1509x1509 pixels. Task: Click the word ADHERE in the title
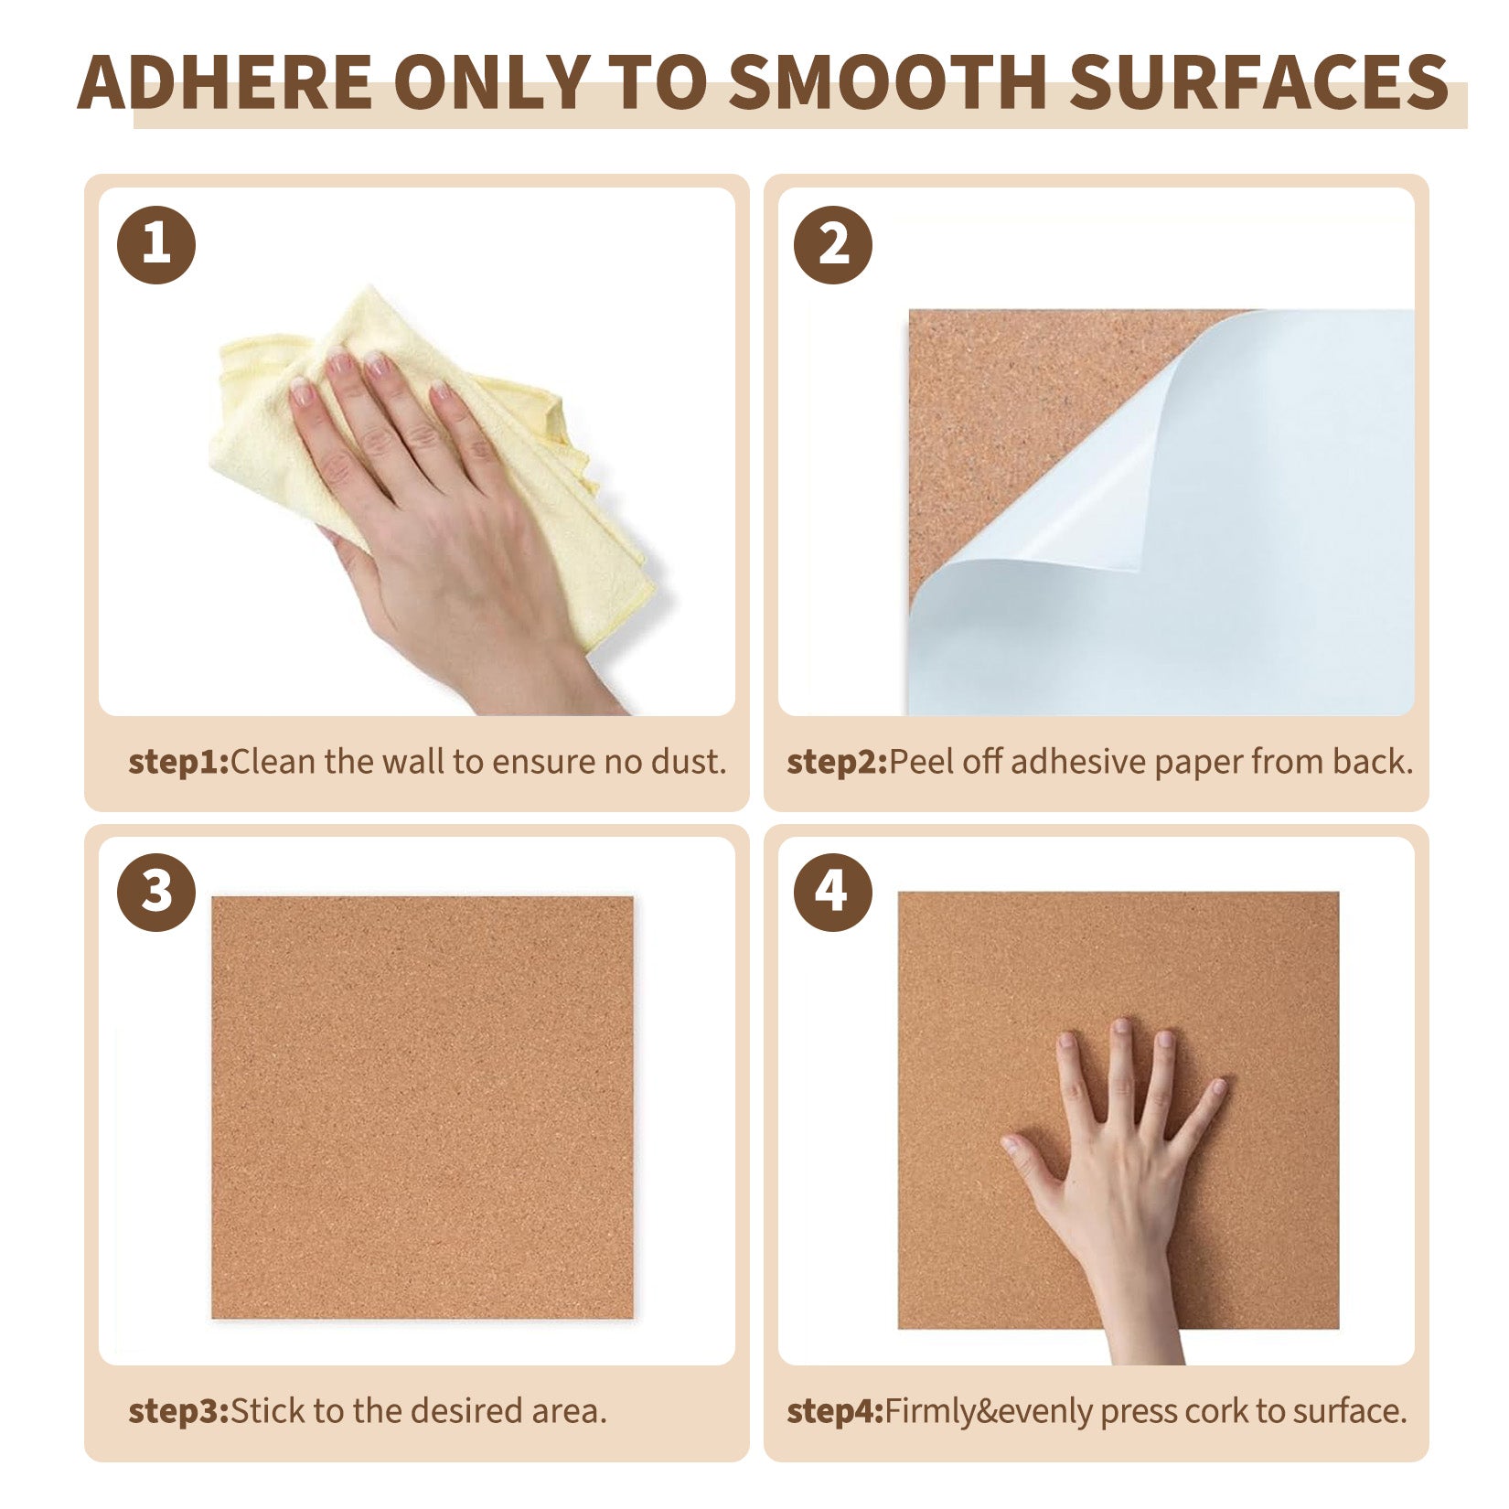click(225, 82)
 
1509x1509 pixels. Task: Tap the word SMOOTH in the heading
click(888, 82)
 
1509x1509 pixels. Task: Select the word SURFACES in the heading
click(1259, 82)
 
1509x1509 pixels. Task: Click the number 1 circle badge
click(156, 244)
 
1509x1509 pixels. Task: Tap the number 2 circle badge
click(833, 244)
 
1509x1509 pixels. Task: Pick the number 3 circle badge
click(156, 892)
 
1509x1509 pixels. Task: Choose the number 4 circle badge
click(832, 892)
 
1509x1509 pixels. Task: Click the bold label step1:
click(179, 763)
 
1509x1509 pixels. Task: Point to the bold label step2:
click(838, 763)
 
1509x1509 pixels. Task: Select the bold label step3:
click(179, 1411)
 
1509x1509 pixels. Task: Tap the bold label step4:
click(836, 1411)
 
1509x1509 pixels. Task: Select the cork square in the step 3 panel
click(423, 1108)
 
